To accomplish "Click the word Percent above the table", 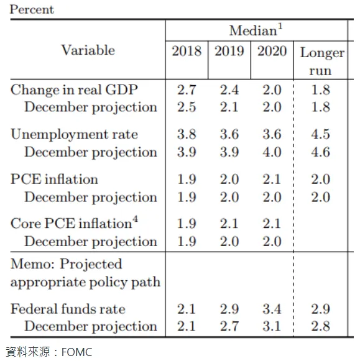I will click(x=32, y=9).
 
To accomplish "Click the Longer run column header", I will click(x=321, y=61).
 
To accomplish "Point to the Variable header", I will click(x=88, y=50).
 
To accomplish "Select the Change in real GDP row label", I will click(x=74, y=89).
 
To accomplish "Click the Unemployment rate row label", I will click(x=74, y=134).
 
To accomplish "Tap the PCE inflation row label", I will click(x=54, y=180).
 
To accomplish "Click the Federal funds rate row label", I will click(x=68, y=309).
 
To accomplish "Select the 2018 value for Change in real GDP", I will click(x=187, y=89).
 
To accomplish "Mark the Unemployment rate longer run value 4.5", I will click(x=320, y=134).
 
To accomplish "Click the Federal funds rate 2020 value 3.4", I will click(x=272, y=309).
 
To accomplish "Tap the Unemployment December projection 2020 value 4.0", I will click(x=272, y=152).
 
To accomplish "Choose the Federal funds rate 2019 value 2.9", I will click(x=229, y=309).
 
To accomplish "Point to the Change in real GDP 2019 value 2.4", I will click(x=229, y=89).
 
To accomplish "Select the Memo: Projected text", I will click(x=67, y=264).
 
